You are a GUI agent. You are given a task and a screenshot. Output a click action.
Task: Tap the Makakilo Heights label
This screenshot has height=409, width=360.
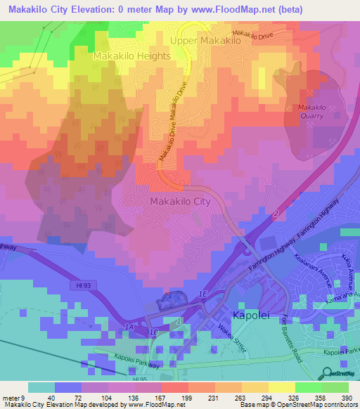pyautogui.click(x=131, y=56)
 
